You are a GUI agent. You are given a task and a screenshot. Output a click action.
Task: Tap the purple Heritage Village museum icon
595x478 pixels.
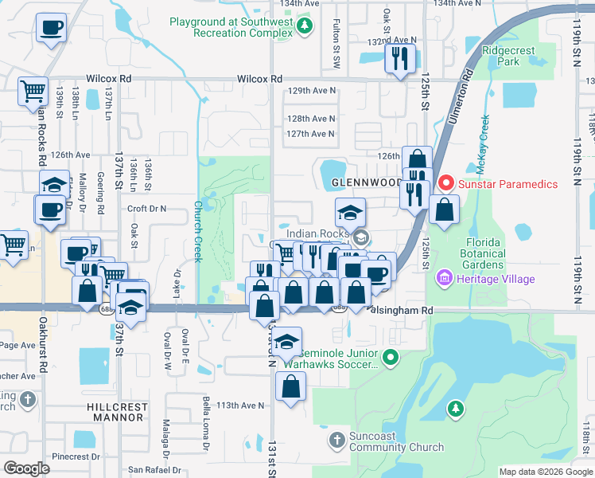click(x=444, y=279)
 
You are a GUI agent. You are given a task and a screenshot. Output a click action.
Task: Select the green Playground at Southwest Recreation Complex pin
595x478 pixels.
click(x=304, y=29)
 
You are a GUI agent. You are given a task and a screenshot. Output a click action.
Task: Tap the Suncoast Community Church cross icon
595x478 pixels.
click(x=336, y=439)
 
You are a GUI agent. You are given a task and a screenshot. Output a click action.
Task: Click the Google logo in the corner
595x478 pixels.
click(x=26, y=468)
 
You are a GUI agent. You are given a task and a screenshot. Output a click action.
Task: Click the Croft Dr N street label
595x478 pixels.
click(x=146, y=209)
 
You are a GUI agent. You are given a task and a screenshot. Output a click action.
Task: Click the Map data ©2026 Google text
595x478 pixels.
click(x=545, y=472)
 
